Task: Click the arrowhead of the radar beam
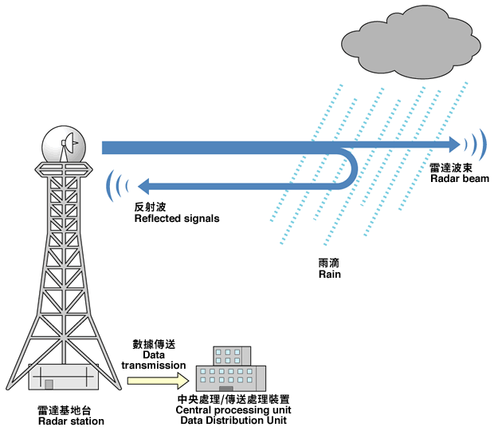[455, 144]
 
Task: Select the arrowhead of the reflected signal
[143, 187]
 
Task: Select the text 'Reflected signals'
[176, 218]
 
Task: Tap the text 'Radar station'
[71, 421]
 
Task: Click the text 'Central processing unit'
[231, 409]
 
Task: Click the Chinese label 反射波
[150, 207]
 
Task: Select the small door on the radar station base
[49, 385]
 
